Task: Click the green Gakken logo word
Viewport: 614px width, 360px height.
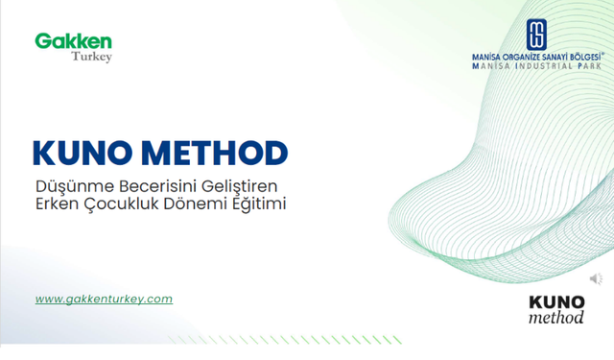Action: click(74, 41)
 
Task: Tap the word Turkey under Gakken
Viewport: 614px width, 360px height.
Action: click(92, 58)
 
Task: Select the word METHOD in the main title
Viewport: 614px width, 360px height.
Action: click(213, 153)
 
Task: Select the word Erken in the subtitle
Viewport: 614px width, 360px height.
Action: click(54, 204)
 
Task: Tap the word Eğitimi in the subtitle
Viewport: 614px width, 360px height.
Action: click(261, 204)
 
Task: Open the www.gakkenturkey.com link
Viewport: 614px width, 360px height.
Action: click(104, 299)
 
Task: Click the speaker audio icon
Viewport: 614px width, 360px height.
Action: click(596, 279)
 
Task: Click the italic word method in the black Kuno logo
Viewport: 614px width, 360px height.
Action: click(556, 318)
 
